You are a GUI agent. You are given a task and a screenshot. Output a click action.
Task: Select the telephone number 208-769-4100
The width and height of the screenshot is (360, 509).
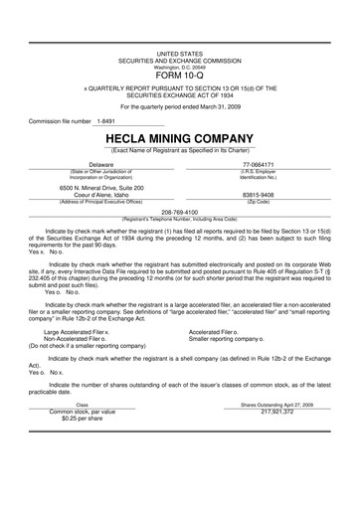(x=180, y=212)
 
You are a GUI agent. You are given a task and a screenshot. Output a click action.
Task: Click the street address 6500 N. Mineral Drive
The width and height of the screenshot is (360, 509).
(x=101, y=187)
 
